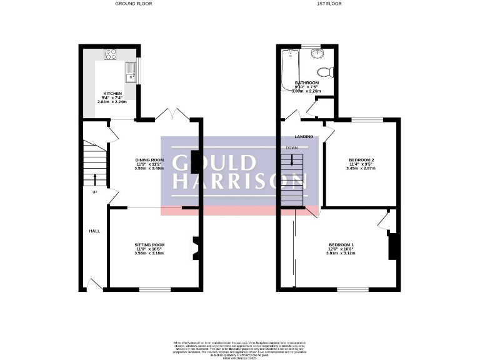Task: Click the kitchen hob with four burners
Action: [x=111, y=54]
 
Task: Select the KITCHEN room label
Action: [x=112, y=94]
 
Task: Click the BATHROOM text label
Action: [x=307, y=83]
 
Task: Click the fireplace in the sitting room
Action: [x=195, y=247]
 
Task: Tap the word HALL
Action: [x=94, y=231]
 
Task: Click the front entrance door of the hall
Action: [x=94, y=286]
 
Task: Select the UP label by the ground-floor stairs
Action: [x=95, y=192]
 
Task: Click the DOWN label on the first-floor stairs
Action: [x=291, y=147]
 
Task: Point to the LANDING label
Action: [x=304, y=136]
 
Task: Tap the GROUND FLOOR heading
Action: [x=134, y=4]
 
